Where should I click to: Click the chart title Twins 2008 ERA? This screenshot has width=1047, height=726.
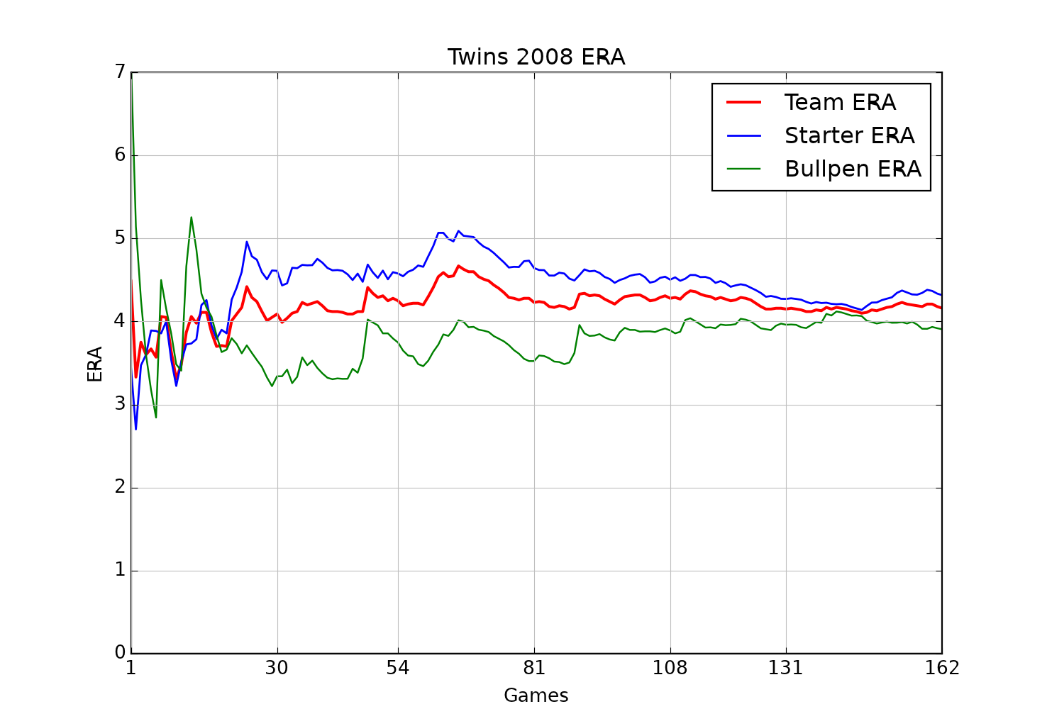536,57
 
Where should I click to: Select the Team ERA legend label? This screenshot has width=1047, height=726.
840,103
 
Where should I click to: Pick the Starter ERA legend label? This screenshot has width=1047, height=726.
849,136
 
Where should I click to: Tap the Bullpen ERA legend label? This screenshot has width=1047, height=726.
853,169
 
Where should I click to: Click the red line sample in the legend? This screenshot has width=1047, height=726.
743,103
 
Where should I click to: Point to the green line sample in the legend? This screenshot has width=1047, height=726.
743,169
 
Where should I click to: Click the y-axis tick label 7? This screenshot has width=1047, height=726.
119,72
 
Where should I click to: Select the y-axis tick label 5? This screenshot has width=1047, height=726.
119,238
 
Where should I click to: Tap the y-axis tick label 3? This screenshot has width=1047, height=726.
119,404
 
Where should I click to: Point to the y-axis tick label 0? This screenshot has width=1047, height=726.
119,653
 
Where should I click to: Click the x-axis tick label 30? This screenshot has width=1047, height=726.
277,669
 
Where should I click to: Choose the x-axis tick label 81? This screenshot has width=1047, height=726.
533,669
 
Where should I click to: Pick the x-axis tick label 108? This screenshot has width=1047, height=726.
670,669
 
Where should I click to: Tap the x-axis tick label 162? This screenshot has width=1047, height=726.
942,669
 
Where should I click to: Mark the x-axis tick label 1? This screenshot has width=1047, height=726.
131,669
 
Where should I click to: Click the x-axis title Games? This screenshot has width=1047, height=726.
536,696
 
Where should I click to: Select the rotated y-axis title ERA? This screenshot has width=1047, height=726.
95,363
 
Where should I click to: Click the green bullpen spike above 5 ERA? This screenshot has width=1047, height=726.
191,218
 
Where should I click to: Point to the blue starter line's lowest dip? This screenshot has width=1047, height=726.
135,428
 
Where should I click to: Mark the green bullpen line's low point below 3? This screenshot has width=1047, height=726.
155,417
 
